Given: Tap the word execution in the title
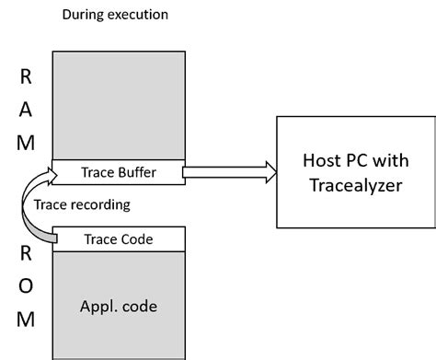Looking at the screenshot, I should pos(135,16).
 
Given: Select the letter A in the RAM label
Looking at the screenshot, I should pos(26,109).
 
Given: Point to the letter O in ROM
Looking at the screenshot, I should pos(26,286).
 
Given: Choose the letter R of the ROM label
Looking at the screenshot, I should pos(26,253).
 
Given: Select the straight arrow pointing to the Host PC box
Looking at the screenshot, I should pos(230,170).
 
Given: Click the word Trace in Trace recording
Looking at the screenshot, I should pos(50,204).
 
